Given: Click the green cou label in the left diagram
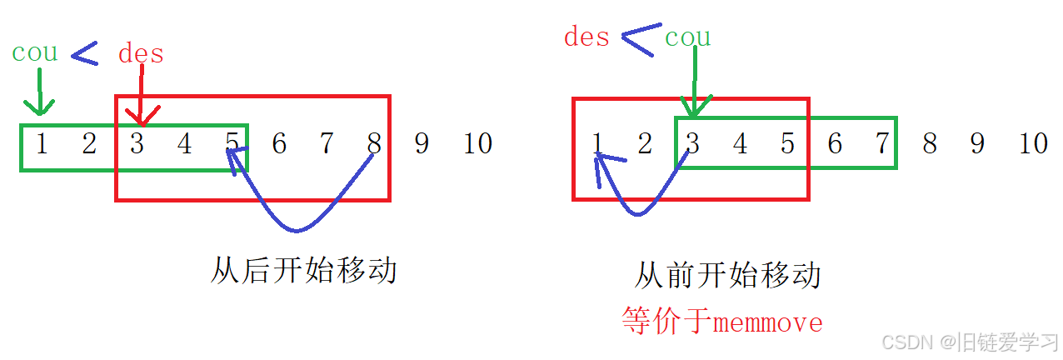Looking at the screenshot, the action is point(35,52).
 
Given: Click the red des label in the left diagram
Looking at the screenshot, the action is point(141,54).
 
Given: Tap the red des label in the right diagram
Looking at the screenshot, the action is point(586,37).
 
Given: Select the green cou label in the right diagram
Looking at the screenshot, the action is point(687,37).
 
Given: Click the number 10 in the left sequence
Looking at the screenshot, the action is point(477,144).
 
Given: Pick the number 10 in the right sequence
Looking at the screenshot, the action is point(1033,144).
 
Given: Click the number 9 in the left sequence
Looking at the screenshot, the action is point(422,144).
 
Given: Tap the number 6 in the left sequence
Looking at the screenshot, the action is point(279,144).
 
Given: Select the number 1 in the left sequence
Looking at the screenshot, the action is point(42,144).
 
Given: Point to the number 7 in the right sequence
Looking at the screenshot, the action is point(882,144).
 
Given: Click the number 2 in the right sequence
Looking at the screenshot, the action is point(644,144).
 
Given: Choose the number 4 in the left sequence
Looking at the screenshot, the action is point(184,144).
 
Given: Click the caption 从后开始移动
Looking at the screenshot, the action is point(303,270).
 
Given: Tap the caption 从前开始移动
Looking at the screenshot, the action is point(727,274).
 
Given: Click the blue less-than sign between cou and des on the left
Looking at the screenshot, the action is point(84,55).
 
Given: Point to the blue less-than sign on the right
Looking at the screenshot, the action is point(638,40).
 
